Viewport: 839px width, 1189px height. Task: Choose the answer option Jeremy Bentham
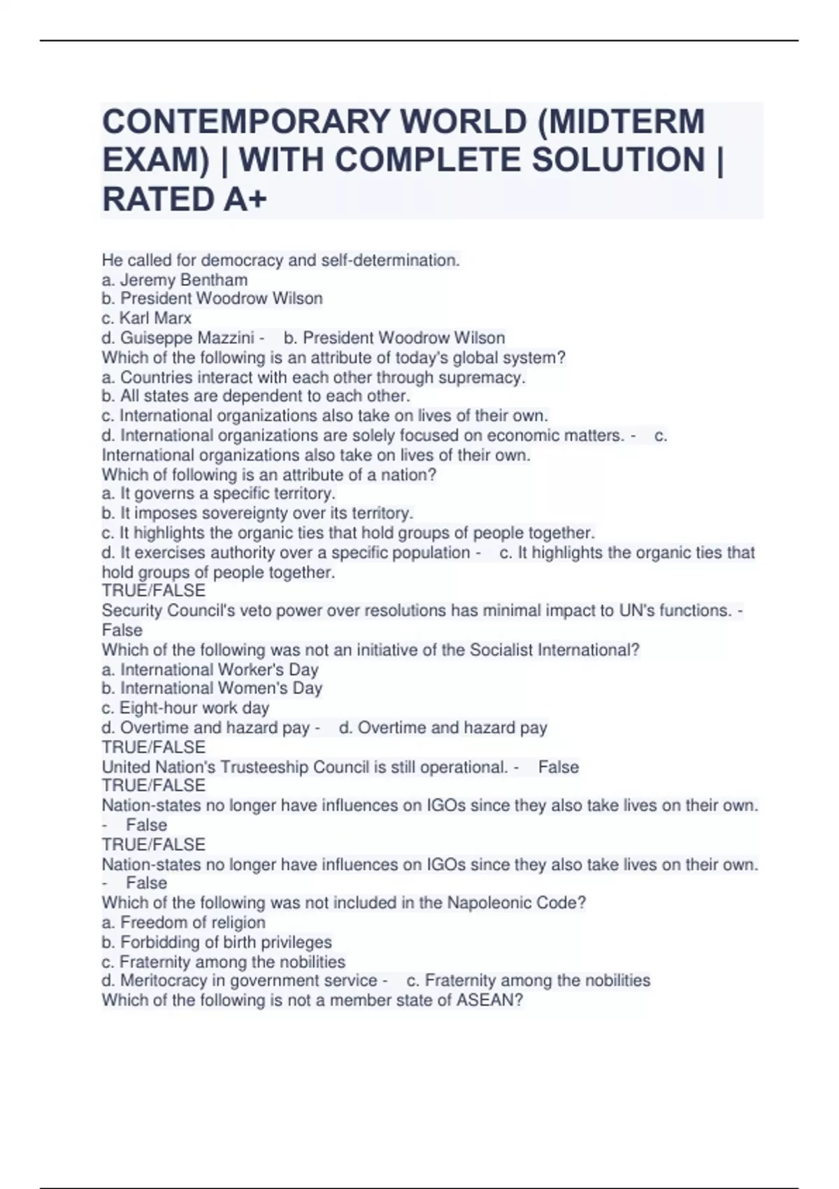click(183, 280)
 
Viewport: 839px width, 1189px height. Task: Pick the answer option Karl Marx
click(155, 318)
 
